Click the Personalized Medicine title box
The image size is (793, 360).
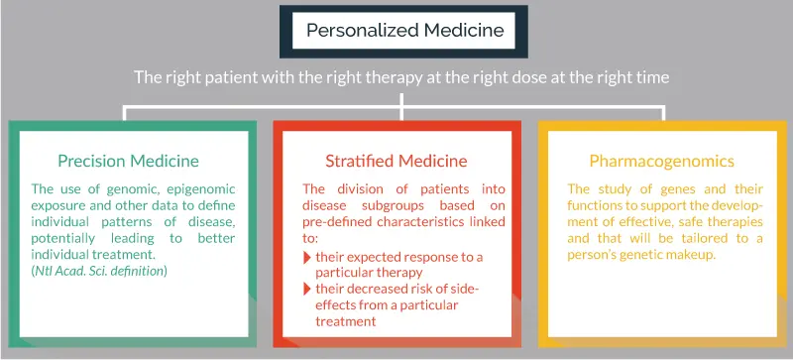(x=403, y=32)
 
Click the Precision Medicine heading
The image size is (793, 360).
(x=128, y=161)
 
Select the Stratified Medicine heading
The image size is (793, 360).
(x=396, y=161)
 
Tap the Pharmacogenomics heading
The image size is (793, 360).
(x=661, y=162)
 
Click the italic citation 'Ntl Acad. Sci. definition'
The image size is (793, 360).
(x=99, y=271)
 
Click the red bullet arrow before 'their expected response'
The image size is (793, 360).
(x=307, y=257)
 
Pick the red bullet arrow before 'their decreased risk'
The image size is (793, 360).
(x=307, y=290)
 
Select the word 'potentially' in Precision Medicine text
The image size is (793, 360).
(x=62, y=238)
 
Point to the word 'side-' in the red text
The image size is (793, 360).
(x=466, y=290)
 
